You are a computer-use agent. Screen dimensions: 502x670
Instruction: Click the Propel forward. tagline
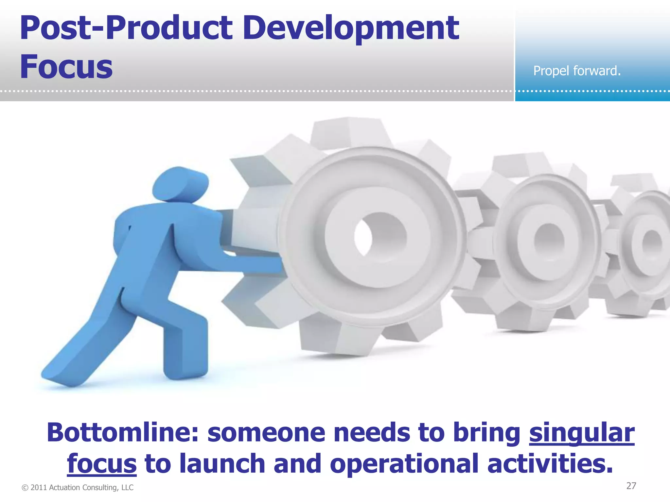pos(577,71)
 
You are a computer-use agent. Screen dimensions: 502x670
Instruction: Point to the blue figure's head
pos(180,185)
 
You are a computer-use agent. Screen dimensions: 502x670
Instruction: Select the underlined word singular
pos(582,433)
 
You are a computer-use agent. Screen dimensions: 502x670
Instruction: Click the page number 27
pos(631,486)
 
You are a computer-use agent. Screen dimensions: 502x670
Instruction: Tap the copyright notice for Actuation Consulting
pos(78,488)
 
